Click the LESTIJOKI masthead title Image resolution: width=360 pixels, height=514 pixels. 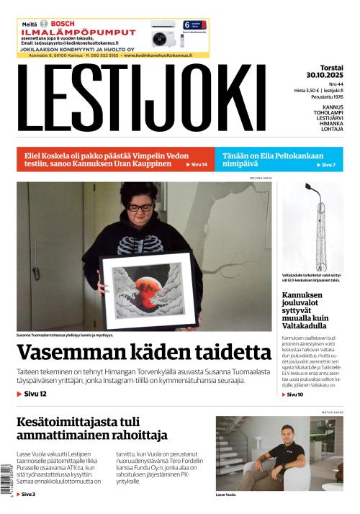140,99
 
